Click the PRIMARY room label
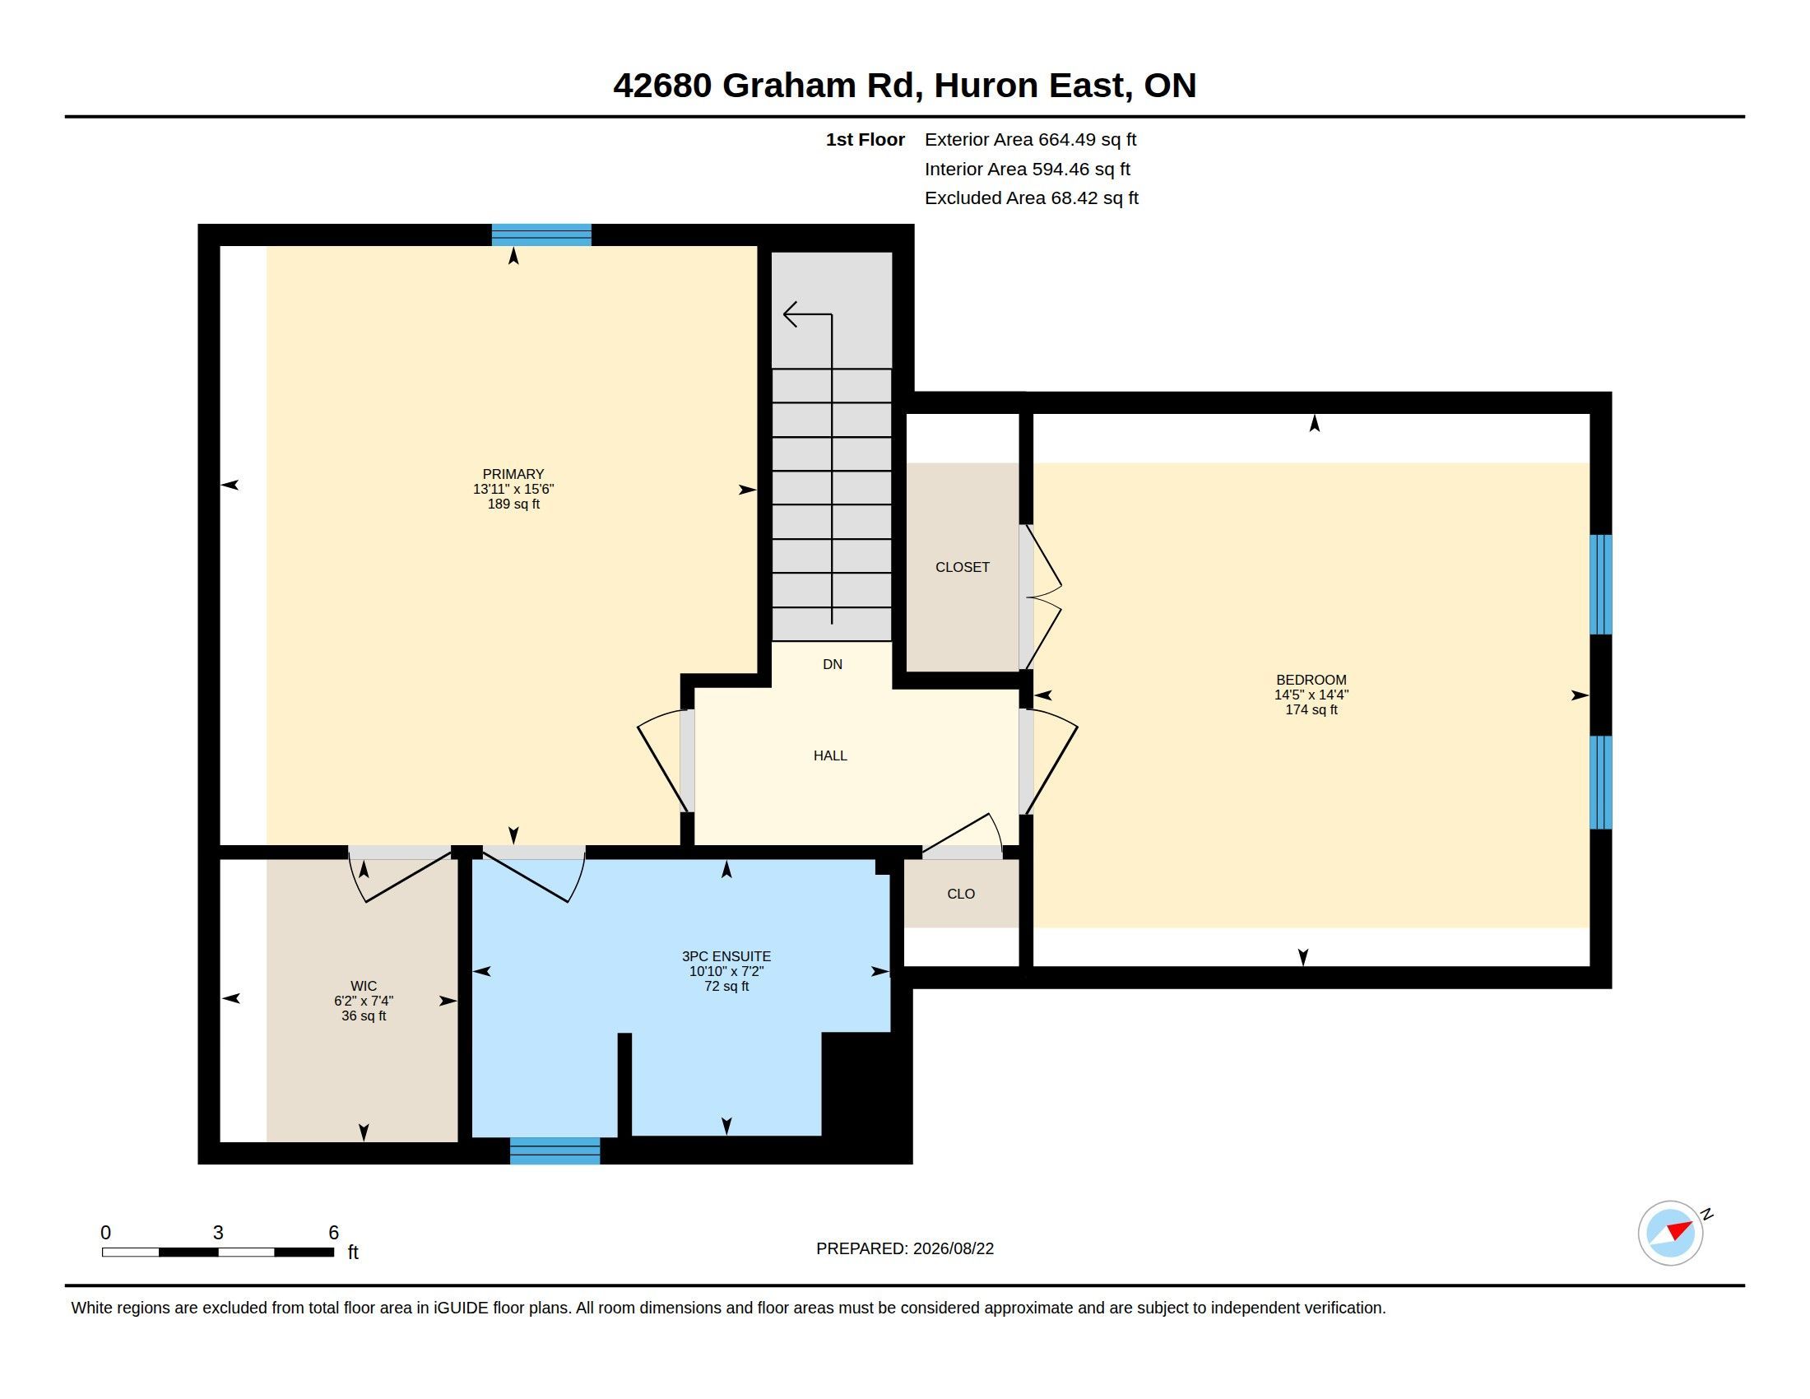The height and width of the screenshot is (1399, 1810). tap(513, 474)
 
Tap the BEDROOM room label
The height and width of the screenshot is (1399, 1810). tap(1311, 680)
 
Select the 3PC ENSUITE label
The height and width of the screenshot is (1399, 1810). tap(726, 956)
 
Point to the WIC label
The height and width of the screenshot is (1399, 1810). tap(363, 986)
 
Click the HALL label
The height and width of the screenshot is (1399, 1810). tap(829, 755)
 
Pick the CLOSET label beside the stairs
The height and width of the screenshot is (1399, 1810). tap(963, 568)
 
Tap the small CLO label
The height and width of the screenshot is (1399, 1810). tap(960, 895)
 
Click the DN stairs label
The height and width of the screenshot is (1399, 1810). tap(832, 665)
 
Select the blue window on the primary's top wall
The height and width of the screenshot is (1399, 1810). tap(541, 235)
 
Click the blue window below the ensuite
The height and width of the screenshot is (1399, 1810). tap(555, 1151)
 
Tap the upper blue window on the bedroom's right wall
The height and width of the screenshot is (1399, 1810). tap(1601, 584)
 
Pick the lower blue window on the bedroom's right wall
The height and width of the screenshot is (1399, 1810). tap(1601, 783)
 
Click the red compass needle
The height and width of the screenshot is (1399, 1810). tap(1679, 1229)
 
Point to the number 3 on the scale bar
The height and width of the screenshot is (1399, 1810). tap(218, 1233)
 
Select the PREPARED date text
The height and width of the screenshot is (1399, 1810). tap(905, 1249)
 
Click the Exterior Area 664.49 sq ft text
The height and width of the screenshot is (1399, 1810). tap(1030, 140)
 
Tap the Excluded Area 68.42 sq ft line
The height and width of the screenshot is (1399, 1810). tap(1032, 198)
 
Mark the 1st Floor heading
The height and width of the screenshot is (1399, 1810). tap(866, 140)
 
